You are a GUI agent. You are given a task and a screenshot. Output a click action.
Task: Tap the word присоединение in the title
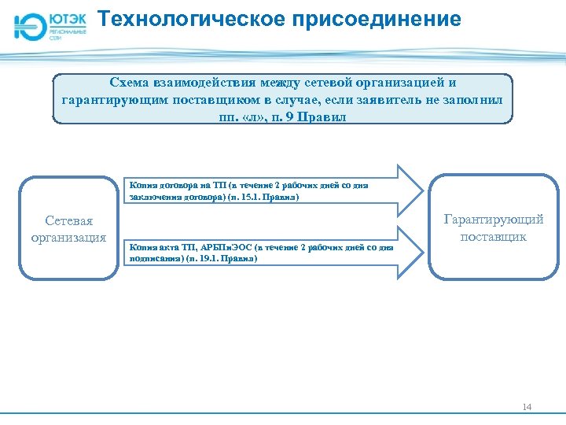[x=377, y=19]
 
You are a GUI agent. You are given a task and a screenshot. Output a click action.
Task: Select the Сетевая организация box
[x=68, y=228]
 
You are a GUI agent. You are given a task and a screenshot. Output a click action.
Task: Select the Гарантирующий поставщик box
[x=493, y=228]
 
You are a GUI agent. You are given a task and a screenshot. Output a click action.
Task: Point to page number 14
[x=527, y=407]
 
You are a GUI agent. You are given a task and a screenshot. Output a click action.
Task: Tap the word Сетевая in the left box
[x=68, y=221]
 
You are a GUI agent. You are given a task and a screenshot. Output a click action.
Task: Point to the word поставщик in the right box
[x=494, y=236]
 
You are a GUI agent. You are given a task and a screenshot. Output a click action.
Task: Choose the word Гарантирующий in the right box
[x=494, y=220]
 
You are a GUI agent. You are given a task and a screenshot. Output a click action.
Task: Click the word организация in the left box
[x=68, y=238]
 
